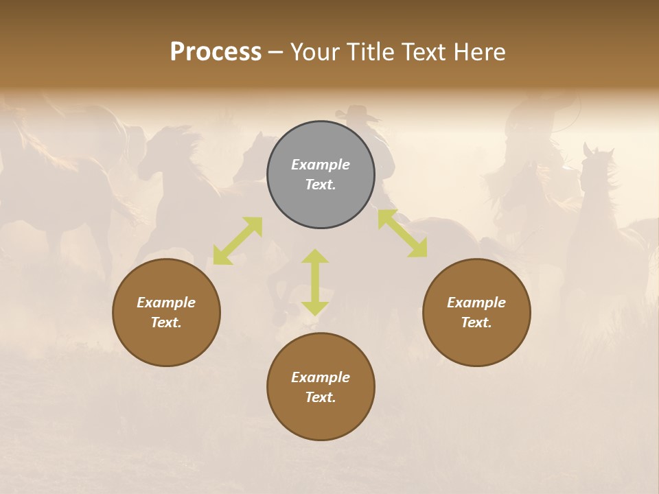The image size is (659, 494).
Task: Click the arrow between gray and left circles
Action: coord(238,241)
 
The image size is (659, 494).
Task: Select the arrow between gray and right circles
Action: coord(403,234)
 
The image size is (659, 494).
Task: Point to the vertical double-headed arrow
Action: coord(315,282)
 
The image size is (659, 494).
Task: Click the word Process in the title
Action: coord(216,52)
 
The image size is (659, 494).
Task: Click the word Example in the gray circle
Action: coord(321,165)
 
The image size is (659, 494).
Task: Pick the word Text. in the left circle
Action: coord(166,322)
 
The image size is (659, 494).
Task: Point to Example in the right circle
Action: coord(476,303)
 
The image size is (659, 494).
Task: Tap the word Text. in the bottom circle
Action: coord(321,397)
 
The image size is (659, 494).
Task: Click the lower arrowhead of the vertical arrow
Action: coord(315,308)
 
